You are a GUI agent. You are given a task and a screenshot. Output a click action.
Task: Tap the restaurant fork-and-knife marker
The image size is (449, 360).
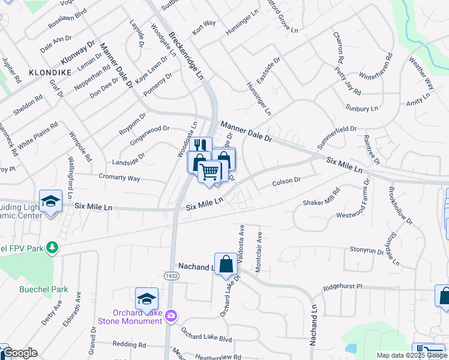[x=200, y=145]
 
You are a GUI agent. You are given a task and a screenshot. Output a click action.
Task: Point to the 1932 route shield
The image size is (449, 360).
[x=170, y=275]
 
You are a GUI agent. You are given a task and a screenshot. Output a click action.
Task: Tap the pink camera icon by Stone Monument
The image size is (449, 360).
[x=171, y=315]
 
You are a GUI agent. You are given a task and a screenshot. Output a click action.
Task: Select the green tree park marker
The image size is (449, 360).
[x=52, y=247]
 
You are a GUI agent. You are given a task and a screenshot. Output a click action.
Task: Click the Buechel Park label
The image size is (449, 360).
[x=43, y=289]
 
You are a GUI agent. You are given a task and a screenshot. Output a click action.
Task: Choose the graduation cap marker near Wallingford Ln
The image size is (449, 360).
[x=50, y=201]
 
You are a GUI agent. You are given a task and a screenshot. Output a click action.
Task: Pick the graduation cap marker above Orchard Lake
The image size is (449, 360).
[x=146, y=298]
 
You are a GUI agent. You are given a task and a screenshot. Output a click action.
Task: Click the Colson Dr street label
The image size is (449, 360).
[x=286, y=181]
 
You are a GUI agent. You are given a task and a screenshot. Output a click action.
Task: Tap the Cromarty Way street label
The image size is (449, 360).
[x=119, y=178]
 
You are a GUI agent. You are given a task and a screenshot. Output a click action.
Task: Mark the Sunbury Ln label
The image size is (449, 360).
[x=361, y=108]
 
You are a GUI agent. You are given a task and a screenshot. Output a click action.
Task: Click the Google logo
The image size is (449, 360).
[x=20, y=353]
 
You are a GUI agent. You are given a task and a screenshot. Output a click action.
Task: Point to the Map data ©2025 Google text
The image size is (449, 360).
[x=411, y=355]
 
